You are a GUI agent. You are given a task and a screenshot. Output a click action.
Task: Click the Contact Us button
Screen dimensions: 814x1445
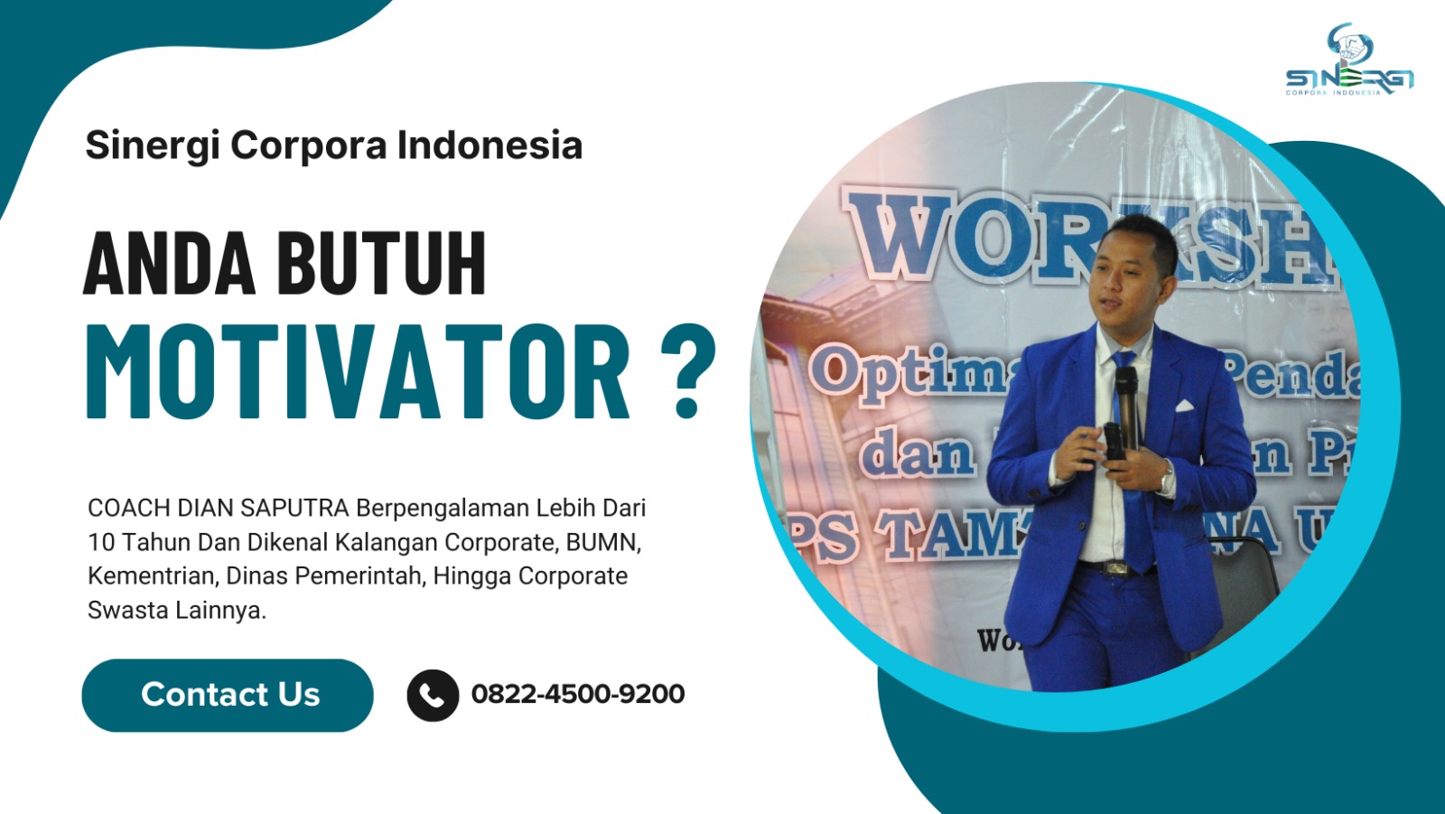[x=227, y=695]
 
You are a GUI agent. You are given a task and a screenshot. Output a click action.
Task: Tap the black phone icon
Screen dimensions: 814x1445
[x=433, y=695]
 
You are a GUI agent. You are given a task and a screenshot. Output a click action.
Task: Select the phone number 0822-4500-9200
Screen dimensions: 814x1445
[x=577, y=694]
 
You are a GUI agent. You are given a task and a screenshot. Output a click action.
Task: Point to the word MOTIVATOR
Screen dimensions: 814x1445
[x=358, y=371]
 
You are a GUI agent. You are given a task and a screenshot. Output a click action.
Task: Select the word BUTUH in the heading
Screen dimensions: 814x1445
[x=381, y=264]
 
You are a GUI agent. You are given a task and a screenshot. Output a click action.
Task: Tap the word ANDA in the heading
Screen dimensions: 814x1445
[x=170, y=264]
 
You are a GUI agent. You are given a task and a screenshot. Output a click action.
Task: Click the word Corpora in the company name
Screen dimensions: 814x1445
[x=308, y=145]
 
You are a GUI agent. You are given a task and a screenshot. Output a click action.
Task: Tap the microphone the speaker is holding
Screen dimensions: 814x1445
[x=1125, y=398]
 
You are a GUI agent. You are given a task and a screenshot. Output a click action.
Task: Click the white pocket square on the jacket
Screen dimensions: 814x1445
[x=1184, y=406]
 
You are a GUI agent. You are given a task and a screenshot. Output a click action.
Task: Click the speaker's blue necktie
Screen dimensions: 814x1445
[x=1134, y=470]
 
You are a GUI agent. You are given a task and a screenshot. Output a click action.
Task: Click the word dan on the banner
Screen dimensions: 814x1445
[x=917, y=454]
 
